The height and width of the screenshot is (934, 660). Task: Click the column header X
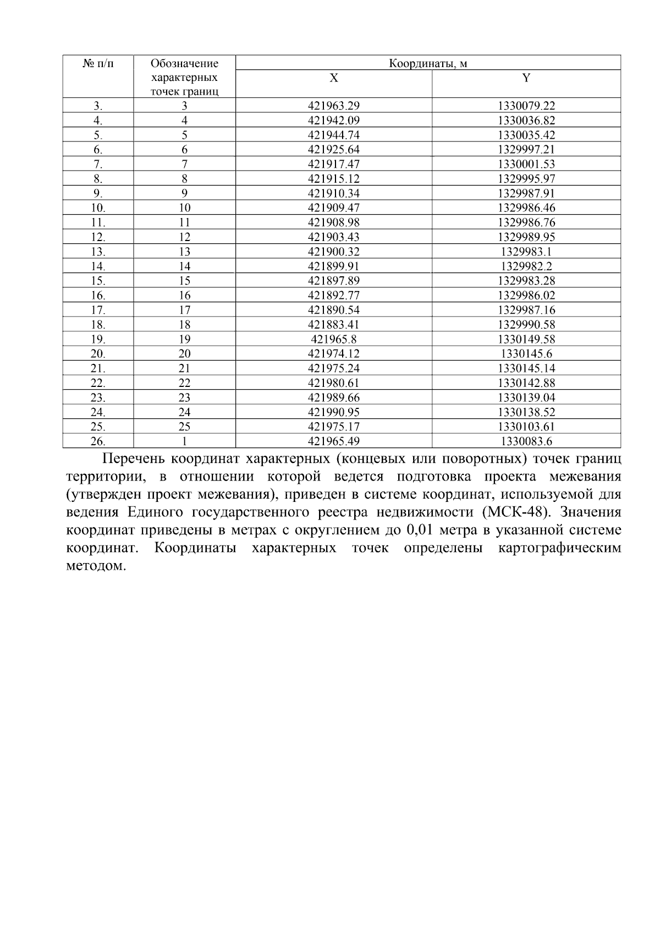pyautogui.click(x=333, y=78)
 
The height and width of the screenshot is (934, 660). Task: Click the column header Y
pyautogui.click(x=526, y=78)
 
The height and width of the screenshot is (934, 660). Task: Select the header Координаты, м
pyautogui.click(x=428, y=63)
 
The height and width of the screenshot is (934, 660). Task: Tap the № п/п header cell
pyautogui.click(x=98, y=63)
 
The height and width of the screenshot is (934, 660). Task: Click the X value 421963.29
pyautogui.click(x=333, y=106)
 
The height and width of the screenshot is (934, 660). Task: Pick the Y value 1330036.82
pyautogui.click(x=526, y=121)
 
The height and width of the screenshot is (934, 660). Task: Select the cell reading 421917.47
pyautogui.click(x=333, y=164)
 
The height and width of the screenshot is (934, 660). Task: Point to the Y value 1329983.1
pyautogui.click(x=526, y=252)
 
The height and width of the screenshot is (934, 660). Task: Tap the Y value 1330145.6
pyautogui.click(x=526, y=354)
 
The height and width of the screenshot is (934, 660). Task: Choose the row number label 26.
pyautogui.click(x=98, y=441)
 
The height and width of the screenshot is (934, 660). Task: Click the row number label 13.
pyautogui.click(x=98, y=252)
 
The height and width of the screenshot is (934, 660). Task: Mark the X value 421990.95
pyautogui.click(x=333, y=412)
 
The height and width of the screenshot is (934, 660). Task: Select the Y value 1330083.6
pyautogui.click(x=526, y=441)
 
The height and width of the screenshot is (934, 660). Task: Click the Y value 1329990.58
pyautogui.click(x=526, y=325)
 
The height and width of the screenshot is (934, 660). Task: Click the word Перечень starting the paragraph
pyautogui.click(x=134, y=459)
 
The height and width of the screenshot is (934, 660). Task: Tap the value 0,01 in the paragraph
pyautogui.click(x=419, y=531)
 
